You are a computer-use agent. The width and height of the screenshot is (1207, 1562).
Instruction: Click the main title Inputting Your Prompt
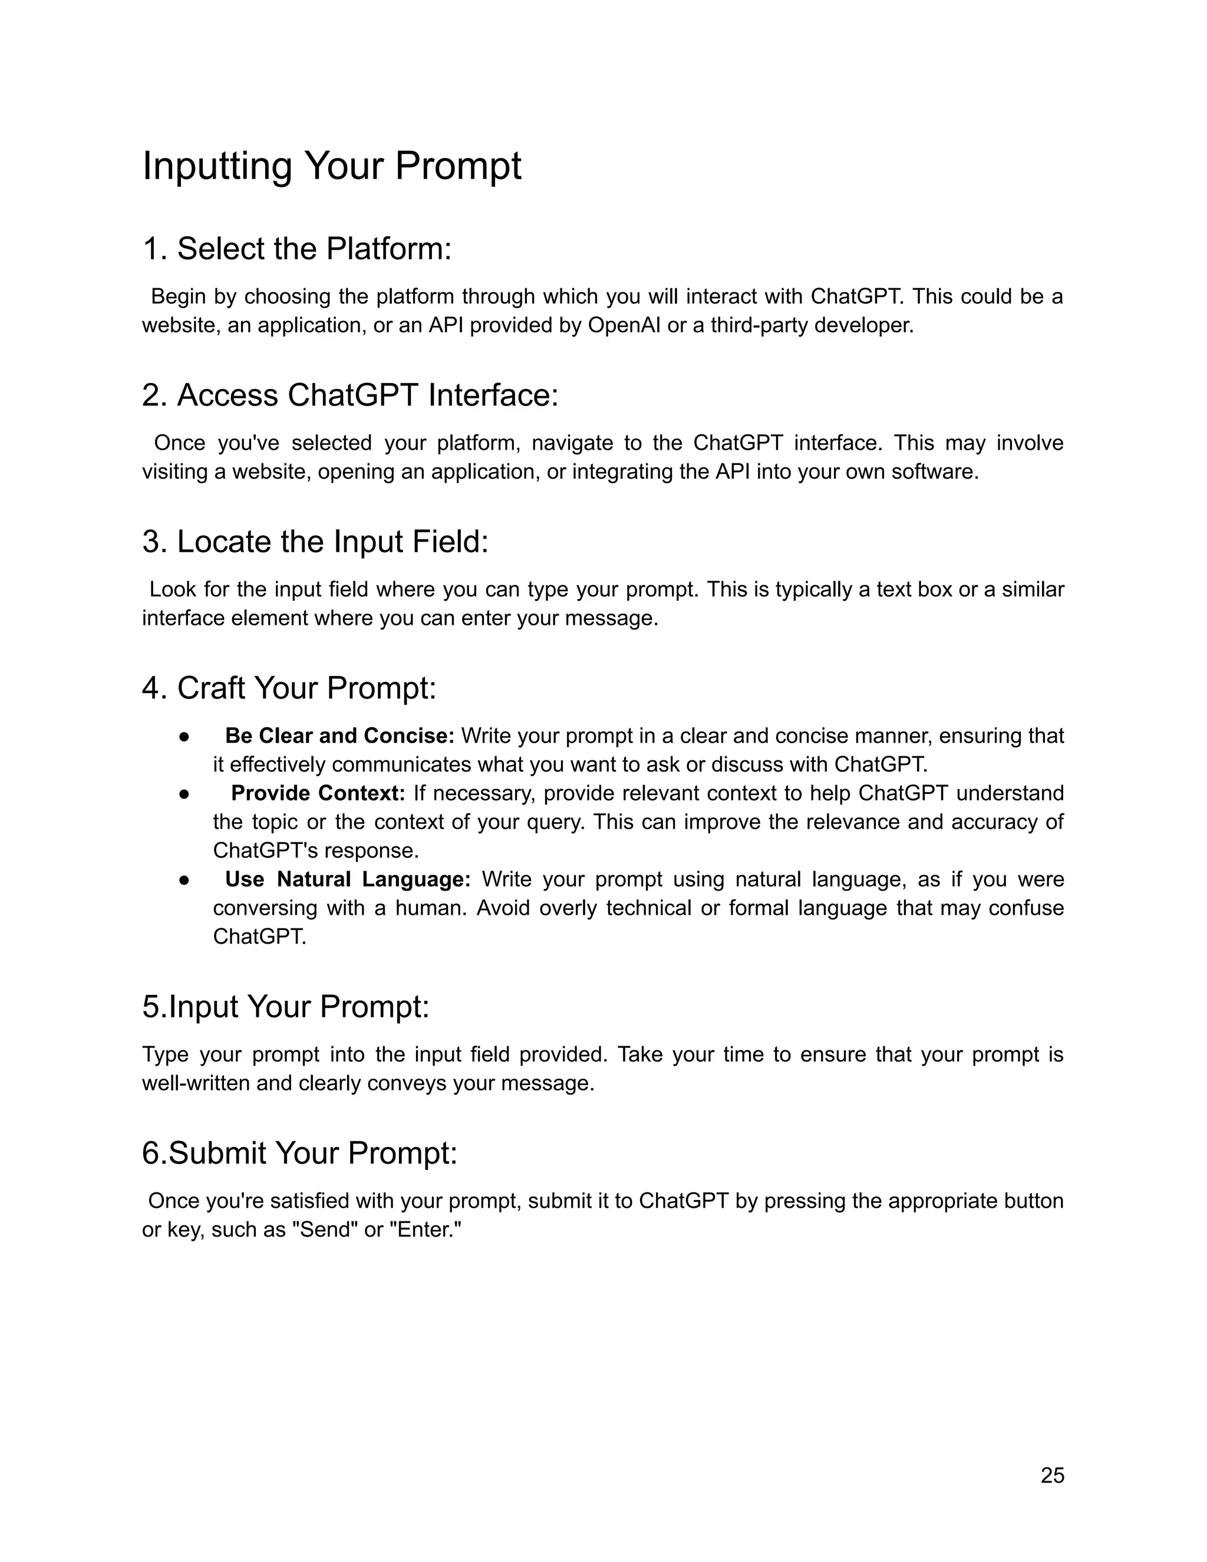(332, 166)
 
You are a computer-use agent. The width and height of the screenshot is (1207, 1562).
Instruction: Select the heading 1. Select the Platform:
(297, 249)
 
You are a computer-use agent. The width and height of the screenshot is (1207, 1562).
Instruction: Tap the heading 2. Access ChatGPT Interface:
(349, 395)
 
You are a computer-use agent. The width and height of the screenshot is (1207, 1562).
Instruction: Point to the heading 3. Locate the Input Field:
(315, 542)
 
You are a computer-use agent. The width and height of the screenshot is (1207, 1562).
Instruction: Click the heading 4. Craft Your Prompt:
(289, 688)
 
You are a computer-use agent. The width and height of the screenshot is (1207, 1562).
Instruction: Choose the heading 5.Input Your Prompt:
(285, 1006)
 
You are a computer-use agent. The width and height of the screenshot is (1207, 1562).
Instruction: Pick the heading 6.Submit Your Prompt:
(299, 1153)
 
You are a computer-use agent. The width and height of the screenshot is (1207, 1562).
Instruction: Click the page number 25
(1053, 1475)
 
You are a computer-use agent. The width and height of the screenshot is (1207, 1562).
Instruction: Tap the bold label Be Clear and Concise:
(339, 736)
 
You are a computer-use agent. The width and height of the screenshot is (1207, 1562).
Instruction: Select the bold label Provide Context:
(318, 793)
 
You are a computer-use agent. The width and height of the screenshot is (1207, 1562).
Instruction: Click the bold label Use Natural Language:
(348, 879)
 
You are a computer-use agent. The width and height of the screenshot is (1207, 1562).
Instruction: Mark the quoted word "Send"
(325, 1230)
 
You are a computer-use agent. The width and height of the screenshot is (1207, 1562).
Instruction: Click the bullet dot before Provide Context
(184, 794)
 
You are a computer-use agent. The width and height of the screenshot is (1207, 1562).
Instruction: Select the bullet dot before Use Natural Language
(184, 879)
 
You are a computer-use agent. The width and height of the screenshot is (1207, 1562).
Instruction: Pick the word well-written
(196, 1083)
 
